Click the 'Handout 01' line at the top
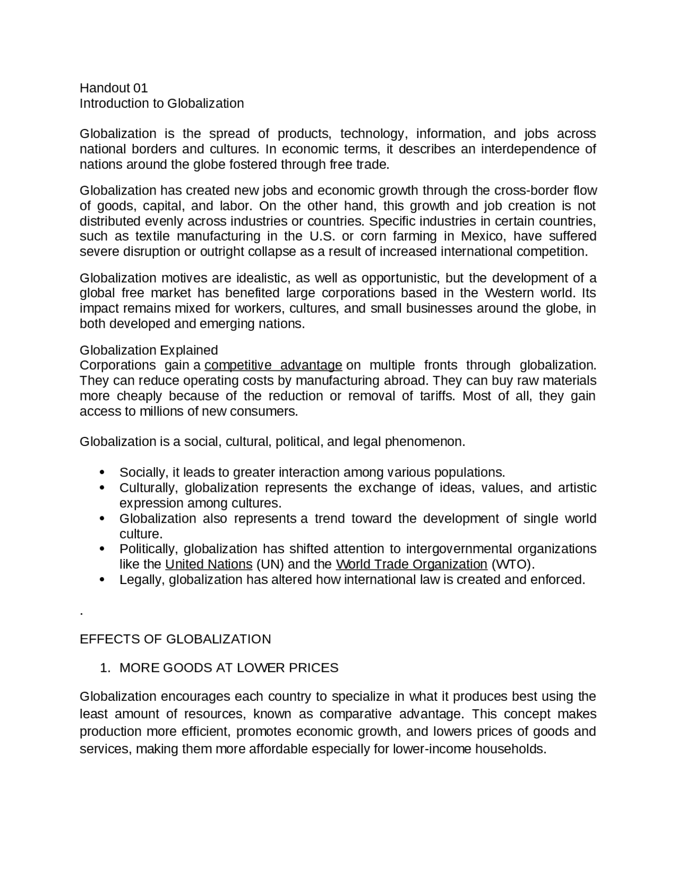point(114,88)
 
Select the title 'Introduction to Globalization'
point(162,103)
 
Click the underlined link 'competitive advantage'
point(273,366)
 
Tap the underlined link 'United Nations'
point(209,564)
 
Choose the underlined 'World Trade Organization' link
point(411,564)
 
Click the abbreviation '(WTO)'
point(513,564)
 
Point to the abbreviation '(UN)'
point(270,564)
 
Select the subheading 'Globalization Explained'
point(149,350)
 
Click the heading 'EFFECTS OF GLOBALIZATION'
point(175,639)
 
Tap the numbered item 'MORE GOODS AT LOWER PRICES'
point(228,668)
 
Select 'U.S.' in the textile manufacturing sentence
point(319,236)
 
